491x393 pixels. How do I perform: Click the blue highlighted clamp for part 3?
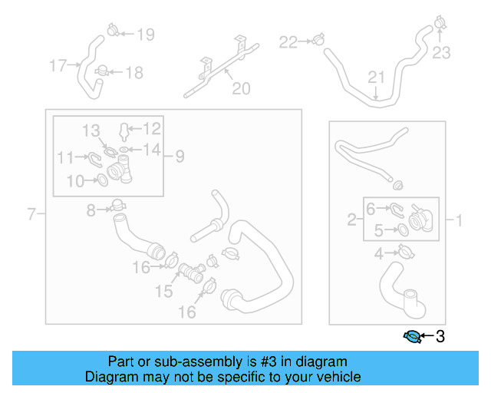[412, 336]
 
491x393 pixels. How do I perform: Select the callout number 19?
[145, 34]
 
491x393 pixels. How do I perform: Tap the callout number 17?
[58, 66]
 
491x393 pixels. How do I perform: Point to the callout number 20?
[241, 89]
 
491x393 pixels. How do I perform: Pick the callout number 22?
[288, 41]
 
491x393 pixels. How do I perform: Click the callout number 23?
[441, 53]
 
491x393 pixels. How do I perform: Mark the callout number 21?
[375, 77]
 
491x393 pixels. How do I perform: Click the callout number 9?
[180, 157]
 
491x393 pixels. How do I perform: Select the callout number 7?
[31, 214]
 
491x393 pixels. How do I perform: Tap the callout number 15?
[164, 291]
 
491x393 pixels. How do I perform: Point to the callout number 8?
[91, 210]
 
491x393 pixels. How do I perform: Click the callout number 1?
[459, 221]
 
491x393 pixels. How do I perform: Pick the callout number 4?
[378, 254]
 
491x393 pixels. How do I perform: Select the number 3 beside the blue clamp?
[440, 336]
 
